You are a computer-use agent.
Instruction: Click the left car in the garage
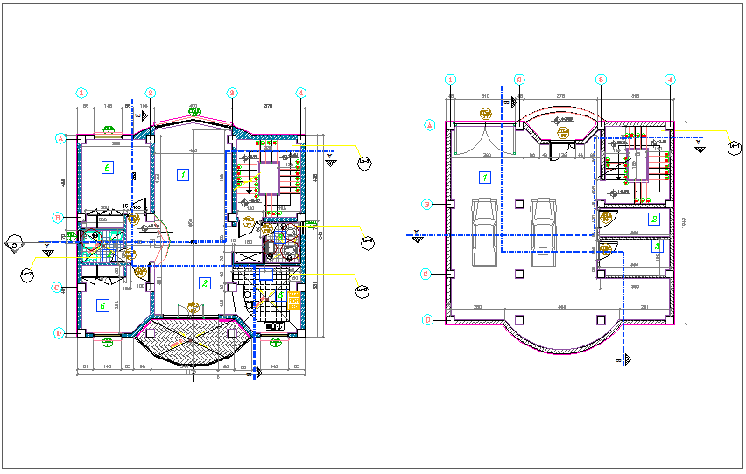(x=484, y=232)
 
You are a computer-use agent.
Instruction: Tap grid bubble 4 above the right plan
(x=670, y=80)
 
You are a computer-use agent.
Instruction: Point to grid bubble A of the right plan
(x=430, y=124)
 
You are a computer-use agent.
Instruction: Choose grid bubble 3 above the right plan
(x=602, y=80)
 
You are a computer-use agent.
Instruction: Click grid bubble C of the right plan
(x=427, y=273)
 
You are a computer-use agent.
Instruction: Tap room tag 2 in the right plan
(x=653, y=219)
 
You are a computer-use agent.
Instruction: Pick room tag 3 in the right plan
(x=657, y=247)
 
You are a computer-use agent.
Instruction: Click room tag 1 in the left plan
(x=183, y=175)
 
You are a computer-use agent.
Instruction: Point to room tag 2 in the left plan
(x=203, y=282)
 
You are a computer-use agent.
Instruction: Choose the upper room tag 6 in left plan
(x=107, y=166)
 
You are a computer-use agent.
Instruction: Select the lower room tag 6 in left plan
(x=104, y=305)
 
